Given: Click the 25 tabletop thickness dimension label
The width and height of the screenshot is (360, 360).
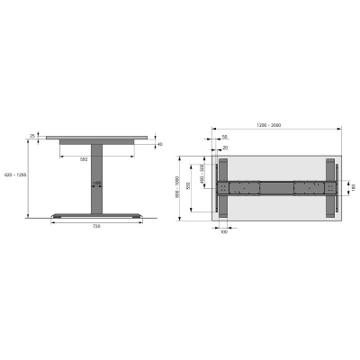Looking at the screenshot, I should (32, 136).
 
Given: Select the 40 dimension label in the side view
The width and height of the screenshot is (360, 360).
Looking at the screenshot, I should (160, 144).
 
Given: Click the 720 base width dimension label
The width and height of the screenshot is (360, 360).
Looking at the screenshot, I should (95, 226).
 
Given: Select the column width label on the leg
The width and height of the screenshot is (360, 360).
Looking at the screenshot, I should (97, 184).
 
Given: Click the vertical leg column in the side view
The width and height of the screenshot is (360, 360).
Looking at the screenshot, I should (95, 180).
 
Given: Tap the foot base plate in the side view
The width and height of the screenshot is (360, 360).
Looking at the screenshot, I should (95, 215).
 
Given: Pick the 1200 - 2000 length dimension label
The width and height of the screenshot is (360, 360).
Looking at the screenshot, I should (269, 124).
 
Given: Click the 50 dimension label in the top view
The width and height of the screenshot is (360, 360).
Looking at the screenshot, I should (224, 138).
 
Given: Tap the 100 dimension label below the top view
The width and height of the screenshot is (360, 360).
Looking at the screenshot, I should (224, 243).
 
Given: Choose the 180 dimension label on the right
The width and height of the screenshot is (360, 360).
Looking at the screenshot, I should (353, 187).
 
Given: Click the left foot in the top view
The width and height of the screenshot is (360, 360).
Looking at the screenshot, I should (225, 188).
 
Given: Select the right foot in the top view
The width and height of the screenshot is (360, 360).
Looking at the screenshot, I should (328, 188).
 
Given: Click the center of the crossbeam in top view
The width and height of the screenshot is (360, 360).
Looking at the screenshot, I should (276, 188).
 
